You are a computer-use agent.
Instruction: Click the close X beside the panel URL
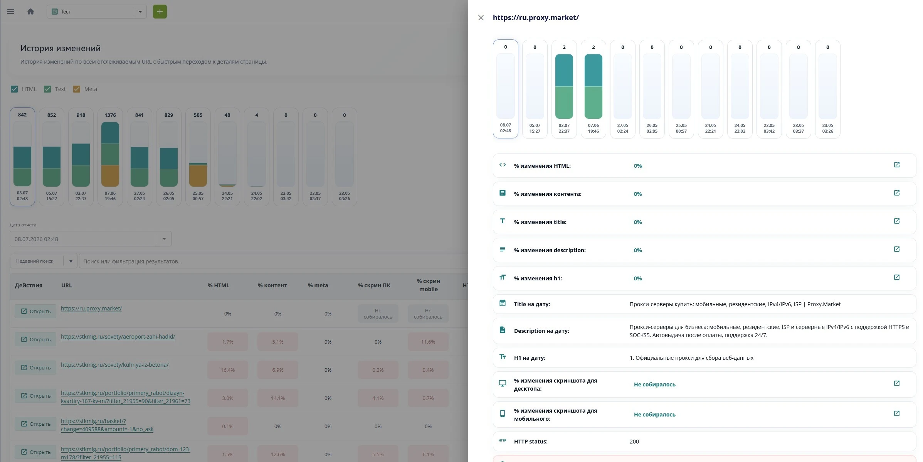coord(481,18)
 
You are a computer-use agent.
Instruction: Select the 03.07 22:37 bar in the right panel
coord(564,89)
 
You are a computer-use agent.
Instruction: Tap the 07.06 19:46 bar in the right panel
coord(593,89)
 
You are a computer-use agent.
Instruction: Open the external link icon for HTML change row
coord(896,165)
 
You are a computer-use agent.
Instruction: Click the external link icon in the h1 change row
coord(896,278)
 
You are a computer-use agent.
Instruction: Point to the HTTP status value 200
coord(634,442)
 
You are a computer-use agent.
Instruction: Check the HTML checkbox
coord(14,89)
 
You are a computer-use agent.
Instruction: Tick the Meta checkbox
coord(77,89)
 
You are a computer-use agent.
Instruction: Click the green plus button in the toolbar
coord(160,12)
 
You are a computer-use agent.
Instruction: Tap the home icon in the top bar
coord(31,12)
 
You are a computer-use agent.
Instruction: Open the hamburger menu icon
coord(11,12)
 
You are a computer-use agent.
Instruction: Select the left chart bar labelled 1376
coord(110,157)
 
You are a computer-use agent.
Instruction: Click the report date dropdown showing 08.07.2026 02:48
coord(91,239)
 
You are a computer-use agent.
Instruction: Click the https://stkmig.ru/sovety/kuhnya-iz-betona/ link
coord(114,365)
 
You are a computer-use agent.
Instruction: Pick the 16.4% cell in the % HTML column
coord(228,370)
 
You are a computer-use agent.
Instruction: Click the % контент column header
coord(272,285)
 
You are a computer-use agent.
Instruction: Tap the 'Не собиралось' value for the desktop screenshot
coord(654,384)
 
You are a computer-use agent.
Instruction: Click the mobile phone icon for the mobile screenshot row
coord(503,413)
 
